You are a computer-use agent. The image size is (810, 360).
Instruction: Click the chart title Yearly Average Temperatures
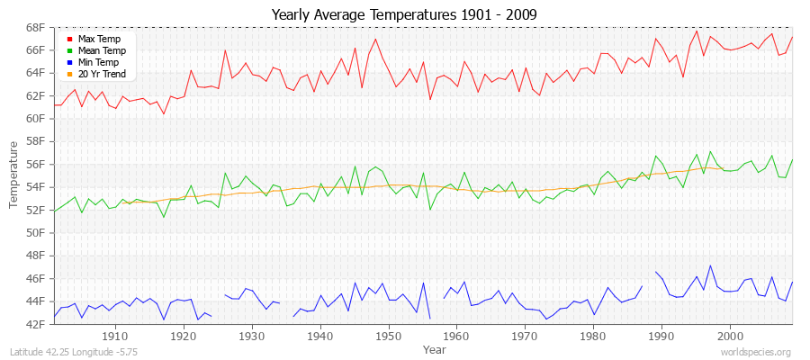coord(404,13)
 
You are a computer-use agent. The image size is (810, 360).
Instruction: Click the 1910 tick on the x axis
coord(115,336)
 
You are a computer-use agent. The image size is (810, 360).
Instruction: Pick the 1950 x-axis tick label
coord(388,336)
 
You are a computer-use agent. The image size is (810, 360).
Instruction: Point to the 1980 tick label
coord(593,336)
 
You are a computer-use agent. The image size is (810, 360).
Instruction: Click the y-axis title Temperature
coord(14,175)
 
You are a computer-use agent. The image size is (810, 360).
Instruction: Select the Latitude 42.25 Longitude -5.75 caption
coord(67,352)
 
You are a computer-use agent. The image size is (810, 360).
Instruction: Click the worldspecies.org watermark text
coord(755,352)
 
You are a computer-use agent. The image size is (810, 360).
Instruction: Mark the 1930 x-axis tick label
coord(252,336)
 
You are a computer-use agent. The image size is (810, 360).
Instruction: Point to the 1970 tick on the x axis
coord(525,336)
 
